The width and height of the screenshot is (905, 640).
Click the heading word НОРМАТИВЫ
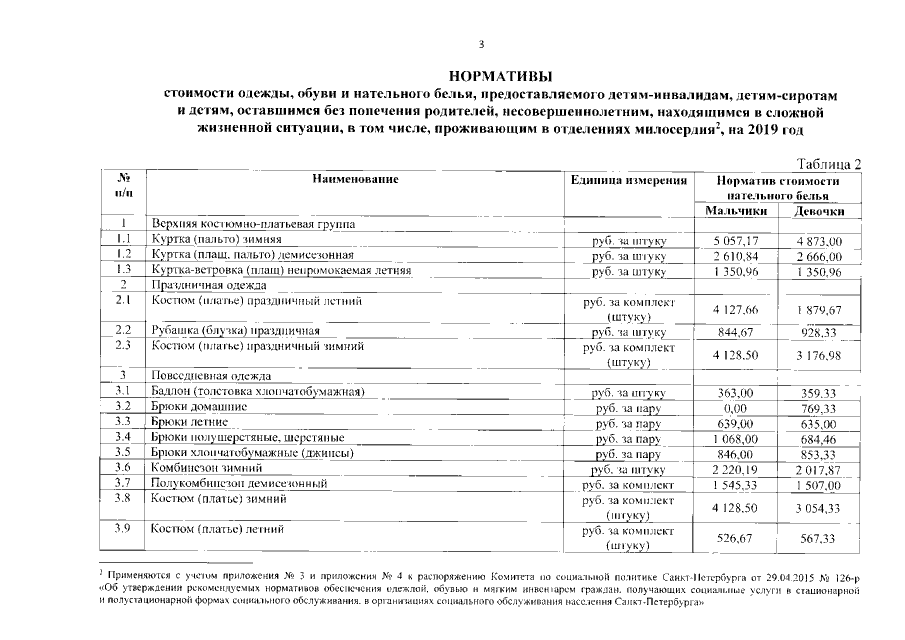(x=500, y=76)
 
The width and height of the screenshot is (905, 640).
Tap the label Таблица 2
(x=828, y=163)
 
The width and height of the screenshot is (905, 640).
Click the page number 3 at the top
(x=482, y=44)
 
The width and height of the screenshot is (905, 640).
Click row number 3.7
(x=124, y=483)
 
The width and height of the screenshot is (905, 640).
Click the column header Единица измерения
(x=628, y=179)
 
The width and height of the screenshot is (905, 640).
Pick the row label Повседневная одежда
(x=206, y=375)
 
